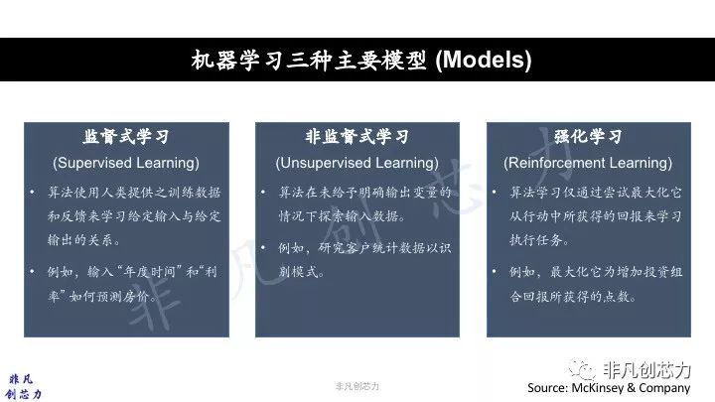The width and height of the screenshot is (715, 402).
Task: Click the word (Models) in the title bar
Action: (x=484, y=60)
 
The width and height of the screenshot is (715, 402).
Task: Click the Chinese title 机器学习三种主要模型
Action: (x=309, y=60)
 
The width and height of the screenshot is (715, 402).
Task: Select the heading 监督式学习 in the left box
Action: (x=126, y=136)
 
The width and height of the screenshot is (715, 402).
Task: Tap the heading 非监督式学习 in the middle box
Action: (x=357, y=136)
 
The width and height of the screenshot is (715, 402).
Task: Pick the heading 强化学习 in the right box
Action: (x=588, y=136)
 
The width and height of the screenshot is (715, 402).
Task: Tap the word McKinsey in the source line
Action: (x=598, y=388)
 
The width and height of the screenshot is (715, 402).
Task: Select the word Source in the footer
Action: (x=547, y=388)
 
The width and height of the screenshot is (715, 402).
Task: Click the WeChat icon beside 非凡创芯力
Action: (x=582, y=369)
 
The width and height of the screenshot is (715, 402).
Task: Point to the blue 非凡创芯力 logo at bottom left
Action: (x=23, y=387)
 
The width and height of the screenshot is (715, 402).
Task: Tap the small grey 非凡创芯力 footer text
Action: (x=357, y=386)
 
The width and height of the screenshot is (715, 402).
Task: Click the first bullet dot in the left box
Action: (x=32, y=193)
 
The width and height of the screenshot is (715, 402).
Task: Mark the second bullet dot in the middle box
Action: (x=263, y=248)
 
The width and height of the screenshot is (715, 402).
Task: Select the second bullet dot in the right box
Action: (x=495, y=272)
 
